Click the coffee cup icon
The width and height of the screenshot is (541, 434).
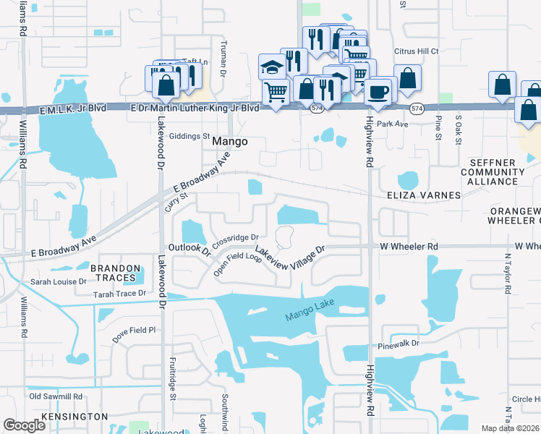click(x=379, y=91)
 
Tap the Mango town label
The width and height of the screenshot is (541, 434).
click(x=230, y=142)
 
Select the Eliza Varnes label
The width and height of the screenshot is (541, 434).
click(x=423, y=195)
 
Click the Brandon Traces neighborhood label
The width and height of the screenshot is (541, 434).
click(x=114, y=273)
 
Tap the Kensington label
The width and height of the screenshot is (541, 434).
click(x=75, y=417)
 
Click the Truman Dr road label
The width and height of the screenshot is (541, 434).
click(x=223, y=69)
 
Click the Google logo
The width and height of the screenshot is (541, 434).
click(x=24, y=425)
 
